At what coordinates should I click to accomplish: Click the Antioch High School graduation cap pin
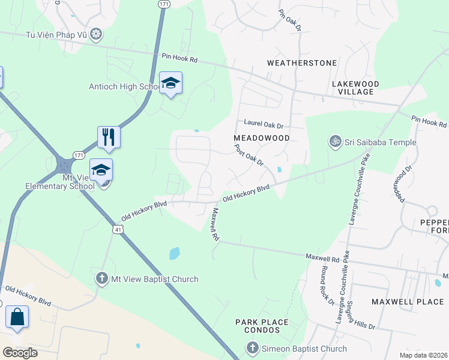(x=170, y=83)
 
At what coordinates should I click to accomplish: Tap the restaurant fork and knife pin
(x=109, y=137)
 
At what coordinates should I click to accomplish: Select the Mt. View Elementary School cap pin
(x=101, y=170)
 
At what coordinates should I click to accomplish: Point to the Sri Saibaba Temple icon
(x=335, y=142)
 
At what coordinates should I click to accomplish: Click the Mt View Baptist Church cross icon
(x=101, y=279)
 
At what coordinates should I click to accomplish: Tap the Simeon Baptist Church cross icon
(x=252, y=349)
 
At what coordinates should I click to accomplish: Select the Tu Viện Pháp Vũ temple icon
(x=95, y=34)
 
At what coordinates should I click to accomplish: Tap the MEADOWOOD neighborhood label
(x=261, y=137)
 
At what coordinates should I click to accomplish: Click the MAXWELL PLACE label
(x=408, y=301)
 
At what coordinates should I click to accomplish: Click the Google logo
(x=20, y=353)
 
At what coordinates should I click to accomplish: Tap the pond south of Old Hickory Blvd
(x=174, y=254)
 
